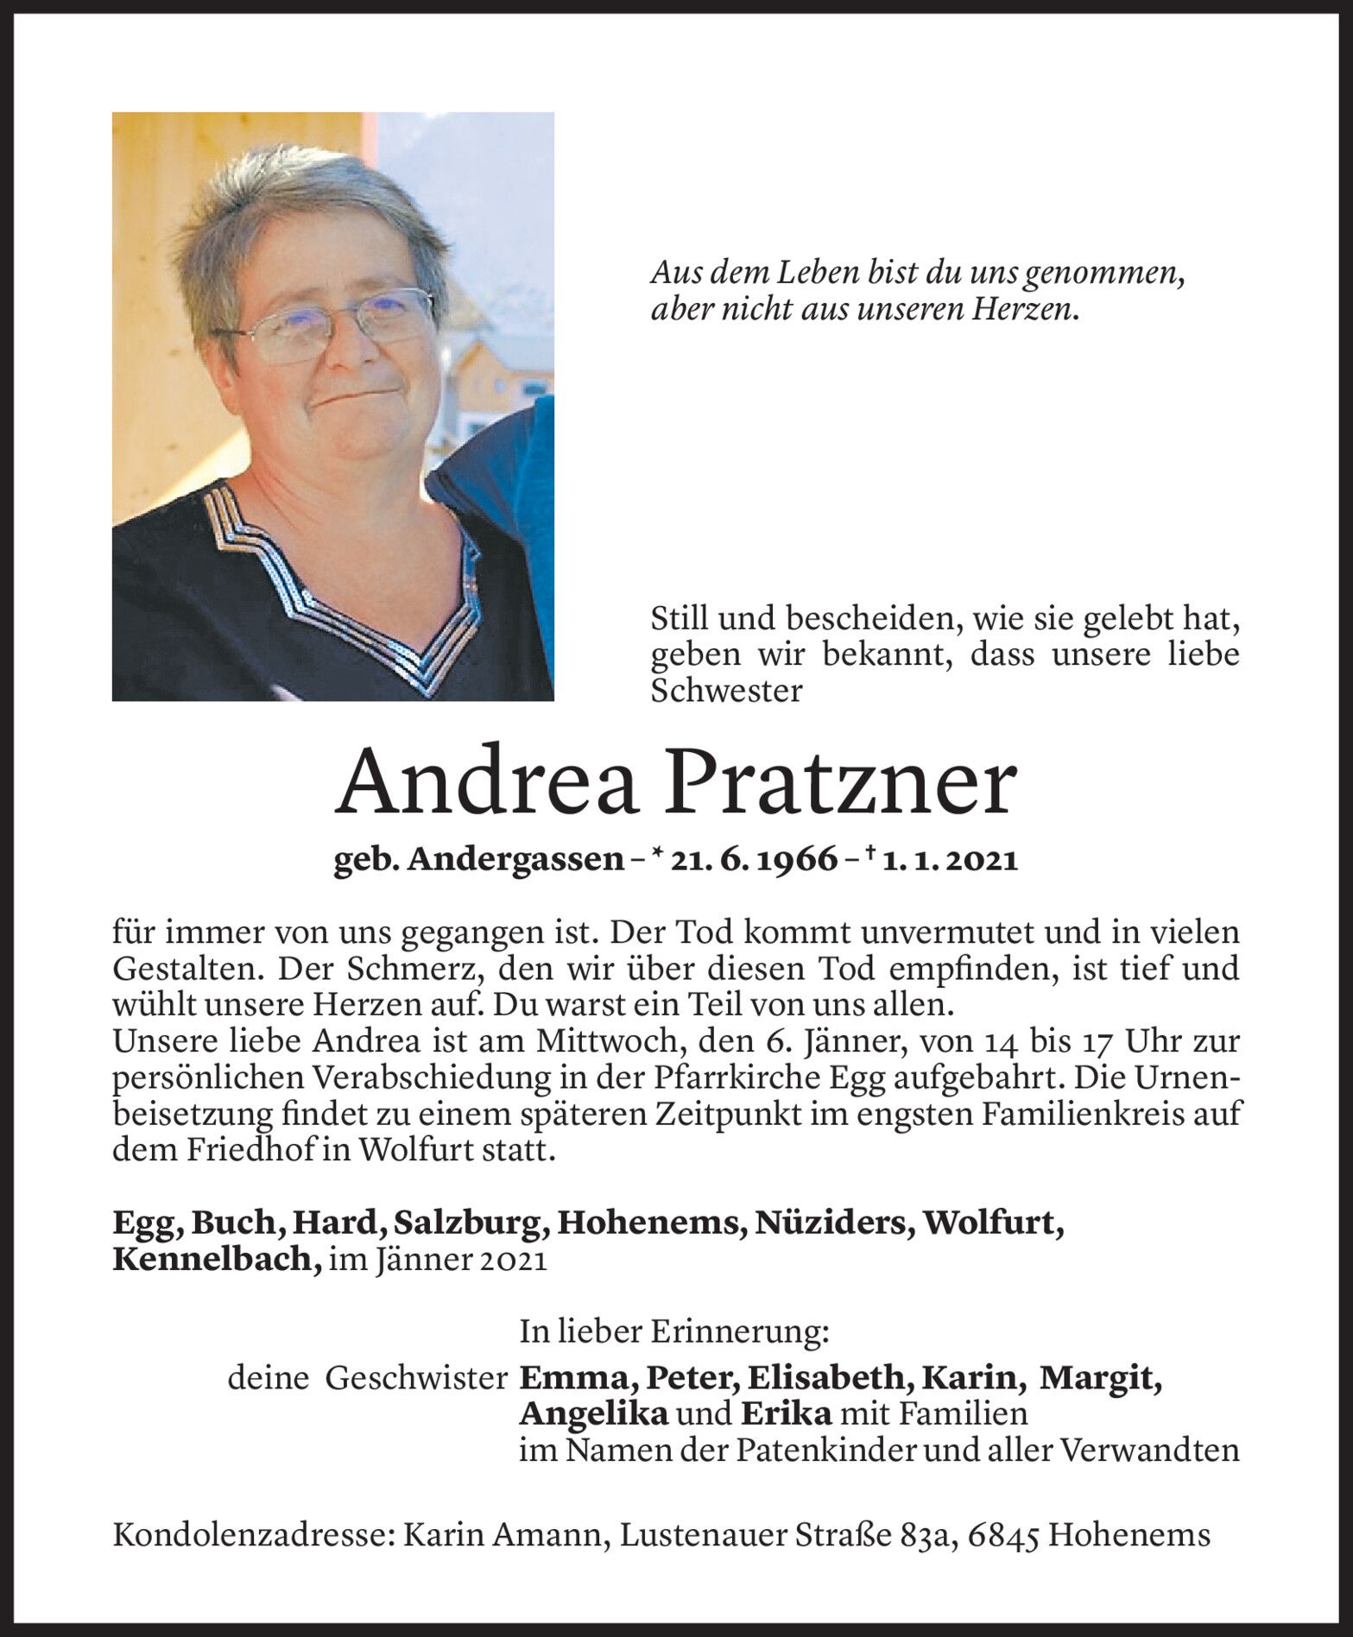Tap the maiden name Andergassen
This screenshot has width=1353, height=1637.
pyautogui.click(x=515, y=860)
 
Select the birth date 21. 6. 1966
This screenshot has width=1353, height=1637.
pyautogui.click(x=750, y=860)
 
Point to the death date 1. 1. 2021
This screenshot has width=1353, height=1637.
pyautogui.click(x=950, y=860)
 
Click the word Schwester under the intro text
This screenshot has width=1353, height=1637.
pyautogui.click(x=726, y=692)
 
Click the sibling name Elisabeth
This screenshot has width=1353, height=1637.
pyautogui.click(x=830, y=1378)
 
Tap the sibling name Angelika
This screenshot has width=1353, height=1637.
pyautogui.click(x=593, y=1414)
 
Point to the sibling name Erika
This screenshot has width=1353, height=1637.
pyautogui.click(x=785, y=1414)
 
